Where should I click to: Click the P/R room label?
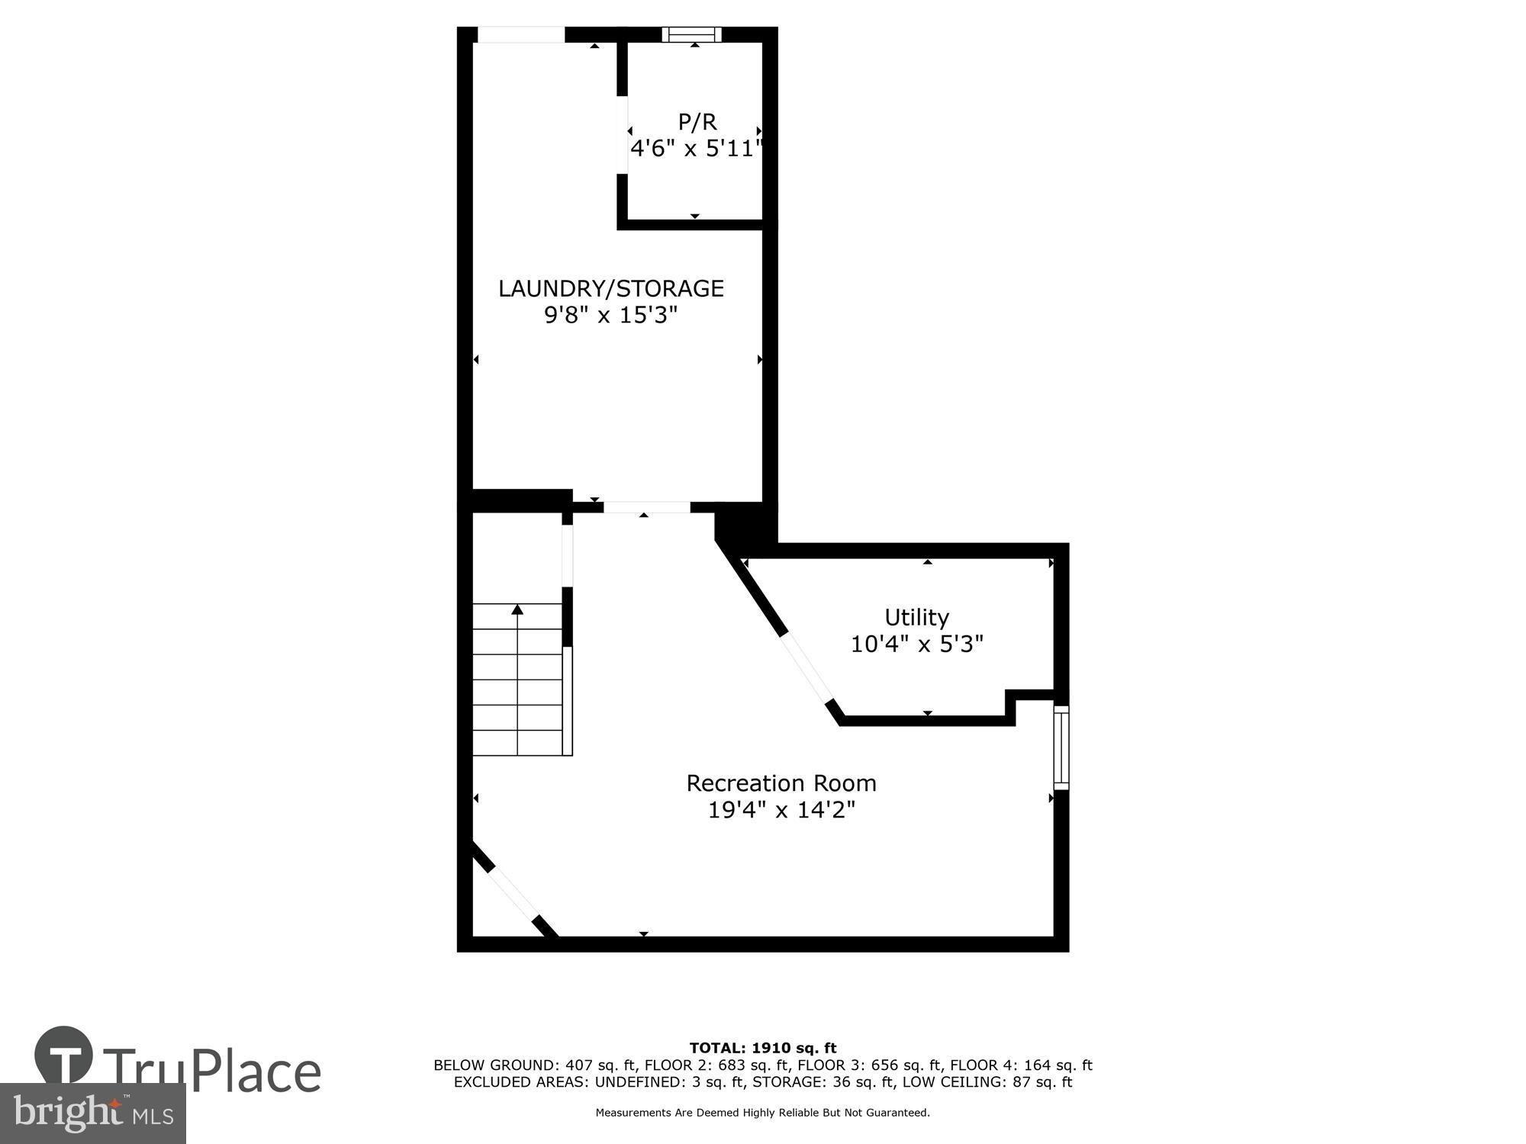[697, 122]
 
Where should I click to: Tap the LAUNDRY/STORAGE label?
[610, 288]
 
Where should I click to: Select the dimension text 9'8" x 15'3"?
[610, 315]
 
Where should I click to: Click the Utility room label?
[916, 617]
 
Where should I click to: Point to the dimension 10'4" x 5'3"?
[916, 644]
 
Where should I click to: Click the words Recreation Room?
[781, 783]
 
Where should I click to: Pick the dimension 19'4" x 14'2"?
[781, 810]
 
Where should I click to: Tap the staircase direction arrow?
[517, 610]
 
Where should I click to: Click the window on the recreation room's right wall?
[1061, 747]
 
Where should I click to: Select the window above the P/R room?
[692, 34]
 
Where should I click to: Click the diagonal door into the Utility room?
[807, 670]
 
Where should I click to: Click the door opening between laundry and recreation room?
[647, 507]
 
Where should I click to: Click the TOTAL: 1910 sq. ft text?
[762, 1048]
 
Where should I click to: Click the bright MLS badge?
[92, 1113]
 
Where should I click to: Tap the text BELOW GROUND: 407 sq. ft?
[534, 1065]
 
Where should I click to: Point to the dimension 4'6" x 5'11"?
[696, 149]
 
